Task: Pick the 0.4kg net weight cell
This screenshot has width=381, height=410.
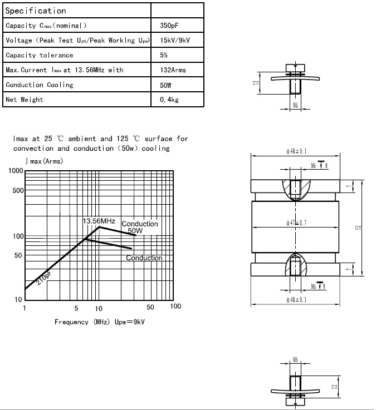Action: [x=168, y=100]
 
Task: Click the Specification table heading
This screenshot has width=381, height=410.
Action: [x=36, y=11]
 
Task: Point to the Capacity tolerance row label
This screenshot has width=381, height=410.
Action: [x=39, y=55]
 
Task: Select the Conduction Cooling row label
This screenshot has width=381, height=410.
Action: [x=40, y=85]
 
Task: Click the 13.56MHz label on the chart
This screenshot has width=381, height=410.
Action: [x=99, y=221]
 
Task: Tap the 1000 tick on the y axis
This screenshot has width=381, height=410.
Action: [x=16, y=171]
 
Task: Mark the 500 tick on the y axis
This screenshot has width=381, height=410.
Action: [x=18, y=191]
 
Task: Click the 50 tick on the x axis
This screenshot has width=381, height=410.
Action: [x=150, y=307]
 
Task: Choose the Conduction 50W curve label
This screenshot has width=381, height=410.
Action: [x=139, y=227]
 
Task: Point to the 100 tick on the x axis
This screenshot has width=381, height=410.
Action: [x=175, y=307]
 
